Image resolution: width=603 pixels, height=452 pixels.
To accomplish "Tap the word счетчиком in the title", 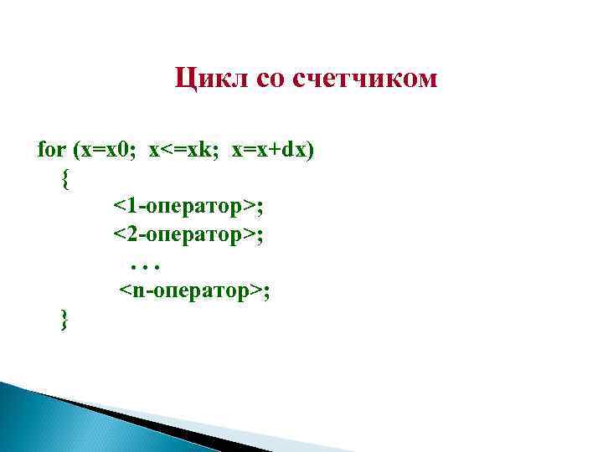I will point(364,80).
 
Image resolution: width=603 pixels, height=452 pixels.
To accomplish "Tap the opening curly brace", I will point(65,178).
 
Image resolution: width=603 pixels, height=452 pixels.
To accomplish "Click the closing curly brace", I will point(65,319).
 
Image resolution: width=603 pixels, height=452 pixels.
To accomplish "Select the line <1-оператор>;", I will point(190,206).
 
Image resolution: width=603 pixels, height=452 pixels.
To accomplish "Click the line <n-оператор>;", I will point(193,290).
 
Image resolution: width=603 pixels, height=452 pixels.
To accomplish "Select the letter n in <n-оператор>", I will point(135,291).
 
